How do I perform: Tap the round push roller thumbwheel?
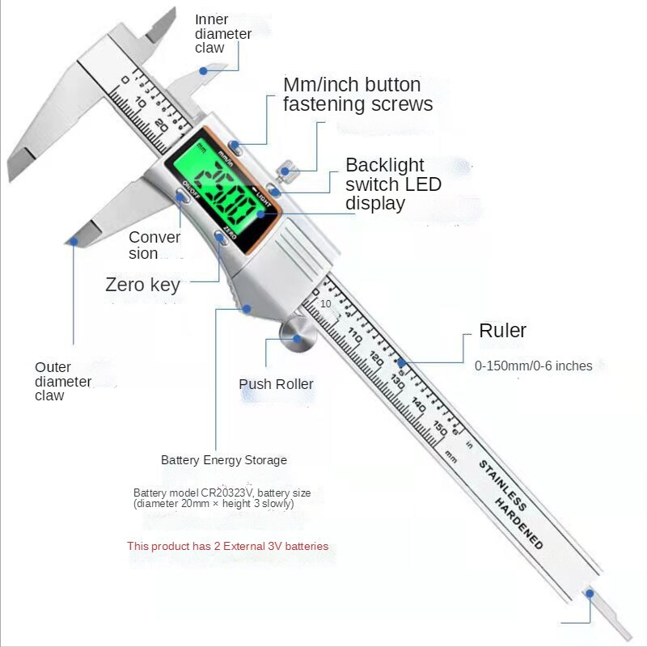point(297,335)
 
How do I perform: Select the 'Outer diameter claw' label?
point(63,382)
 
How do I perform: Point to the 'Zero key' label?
point(142,285)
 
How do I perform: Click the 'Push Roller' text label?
point(276,384)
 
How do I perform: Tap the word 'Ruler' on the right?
point(502,330)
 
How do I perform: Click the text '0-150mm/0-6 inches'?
point(533,366)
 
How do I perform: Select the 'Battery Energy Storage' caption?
point(224,460)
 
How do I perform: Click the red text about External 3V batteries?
point(227,546)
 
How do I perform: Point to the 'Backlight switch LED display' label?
point(393,184)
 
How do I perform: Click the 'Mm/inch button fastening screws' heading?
point(357,95)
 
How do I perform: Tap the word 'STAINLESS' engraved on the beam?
point(502,485)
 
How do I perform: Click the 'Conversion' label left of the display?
point(154,245)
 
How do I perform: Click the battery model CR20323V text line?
point(222,493)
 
